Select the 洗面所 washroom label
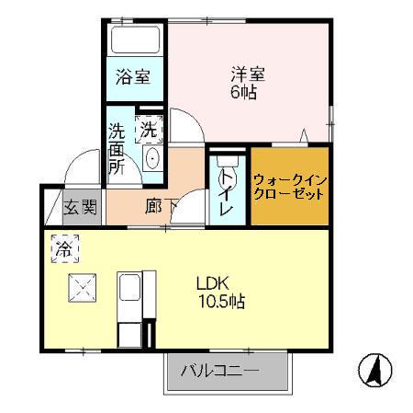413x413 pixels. pos(117,149)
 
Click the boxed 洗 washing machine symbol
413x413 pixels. pos(147,131)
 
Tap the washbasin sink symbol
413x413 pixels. pos(152,160)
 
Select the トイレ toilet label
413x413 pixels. pos(225,193)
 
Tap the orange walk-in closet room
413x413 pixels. pos(288,188)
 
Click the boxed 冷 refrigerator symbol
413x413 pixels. pos(63,248)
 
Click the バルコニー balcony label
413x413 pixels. pos(219,372)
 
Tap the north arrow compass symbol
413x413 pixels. pos(374,369)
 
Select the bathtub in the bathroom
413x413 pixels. pos(134,41)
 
